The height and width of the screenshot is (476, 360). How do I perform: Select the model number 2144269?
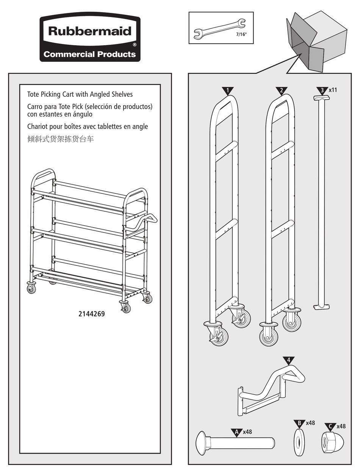pyautogui.click(x=91, y=314)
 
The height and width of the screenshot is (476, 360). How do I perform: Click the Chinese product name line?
pyautogui.click(x=60, y=139)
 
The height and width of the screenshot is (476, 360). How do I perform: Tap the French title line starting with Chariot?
pyautogui.click(x=87, y=126)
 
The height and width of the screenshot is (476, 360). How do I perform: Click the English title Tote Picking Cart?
pyautogui.click(x=80, y=94)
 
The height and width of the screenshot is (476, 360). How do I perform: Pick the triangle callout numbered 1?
pyautogui.click(x=227, y=91)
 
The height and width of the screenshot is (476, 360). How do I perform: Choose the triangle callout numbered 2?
pyautogui.click(x=281, y=91)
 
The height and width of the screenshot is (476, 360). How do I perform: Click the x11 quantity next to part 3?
pyautogui.click(x=333, y=90)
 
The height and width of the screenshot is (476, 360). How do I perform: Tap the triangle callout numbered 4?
pyautogui.click(x=288, y=360)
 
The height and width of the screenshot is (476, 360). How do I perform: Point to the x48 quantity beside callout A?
pyautogui.click(x=247, y=432)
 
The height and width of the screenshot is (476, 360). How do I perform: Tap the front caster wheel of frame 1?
pyautogui.click(x=219, y=336)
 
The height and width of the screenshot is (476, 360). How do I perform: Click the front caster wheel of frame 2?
pyautogui.click(x=269, y=336)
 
